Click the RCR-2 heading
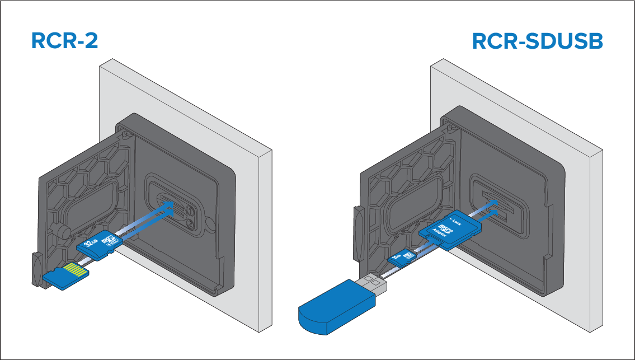point(66,41)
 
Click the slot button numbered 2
point(191,224)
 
